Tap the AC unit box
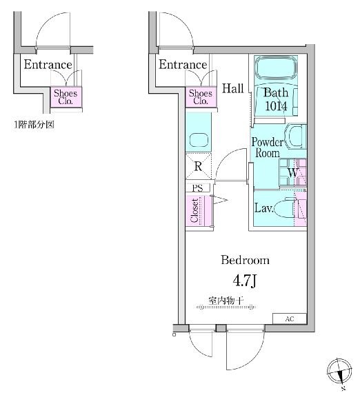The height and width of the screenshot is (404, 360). [290, 319]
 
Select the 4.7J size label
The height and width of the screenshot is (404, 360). [244, 281]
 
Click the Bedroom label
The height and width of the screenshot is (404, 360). [245, 260]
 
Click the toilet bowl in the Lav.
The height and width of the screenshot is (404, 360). [284, 208]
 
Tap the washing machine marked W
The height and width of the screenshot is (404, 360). [293, 172]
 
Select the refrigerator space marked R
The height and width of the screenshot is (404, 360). [198, 166]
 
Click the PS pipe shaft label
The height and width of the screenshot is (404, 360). [198, 188]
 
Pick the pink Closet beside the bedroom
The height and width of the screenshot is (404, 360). [195, 211]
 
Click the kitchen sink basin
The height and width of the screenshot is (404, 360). [199, 140]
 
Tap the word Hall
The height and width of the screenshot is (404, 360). [233, 88]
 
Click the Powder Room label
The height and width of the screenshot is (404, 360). [267, 148]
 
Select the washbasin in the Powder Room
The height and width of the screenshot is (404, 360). [294, 136]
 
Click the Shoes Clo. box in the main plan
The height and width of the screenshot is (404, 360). [201, 97]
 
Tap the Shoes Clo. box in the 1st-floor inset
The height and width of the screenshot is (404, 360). [66, 97]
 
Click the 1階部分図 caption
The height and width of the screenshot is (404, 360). [34, 125]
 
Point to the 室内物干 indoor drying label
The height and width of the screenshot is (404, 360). [226, 301]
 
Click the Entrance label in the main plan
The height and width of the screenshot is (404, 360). [183, 64]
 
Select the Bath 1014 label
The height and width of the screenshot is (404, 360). [276, 99]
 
